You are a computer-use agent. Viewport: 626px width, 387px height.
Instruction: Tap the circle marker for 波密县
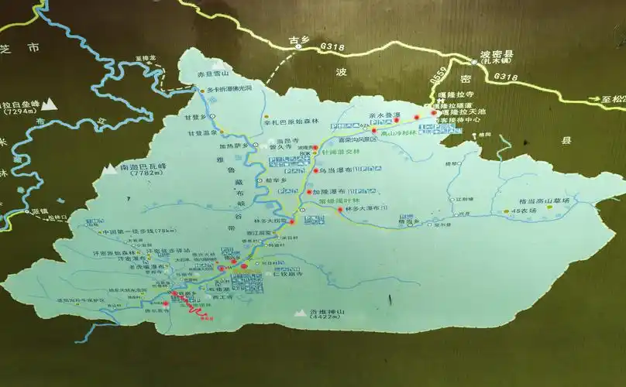[x=474, y=60]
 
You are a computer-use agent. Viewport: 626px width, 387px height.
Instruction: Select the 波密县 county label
[x=497, y=54]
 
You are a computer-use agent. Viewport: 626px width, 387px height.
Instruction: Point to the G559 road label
[x=439, y=76]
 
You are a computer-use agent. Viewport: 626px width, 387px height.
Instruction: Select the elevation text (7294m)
[x=18, y=111]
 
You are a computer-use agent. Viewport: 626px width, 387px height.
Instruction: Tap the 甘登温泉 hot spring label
[x=198, y=132]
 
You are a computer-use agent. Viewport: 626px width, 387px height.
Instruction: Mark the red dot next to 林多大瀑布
[x=293, y=209]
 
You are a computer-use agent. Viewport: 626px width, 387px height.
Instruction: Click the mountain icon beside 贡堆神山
[x=300, y=313]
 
